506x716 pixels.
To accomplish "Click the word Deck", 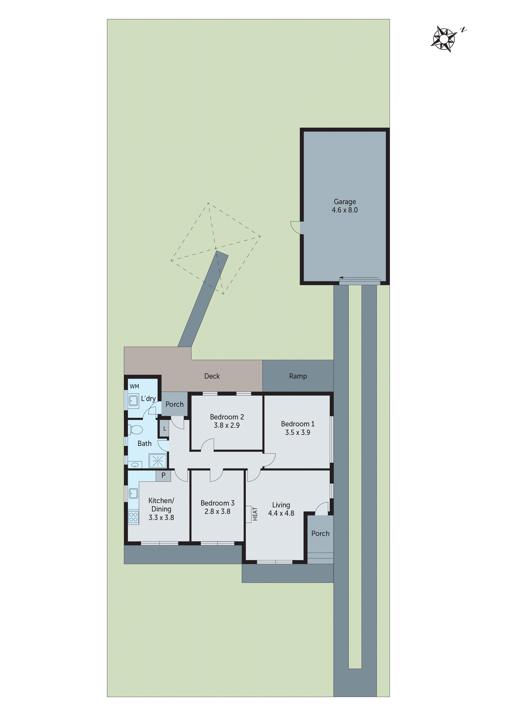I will (212, 376).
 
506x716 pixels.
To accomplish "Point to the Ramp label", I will (298, 376).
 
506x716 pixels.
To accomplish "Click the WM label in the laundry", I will (134, 386).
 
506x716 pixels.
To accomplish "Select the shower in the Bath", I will (158, 461).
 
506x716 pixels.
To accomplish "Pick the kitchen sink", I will (133, 493).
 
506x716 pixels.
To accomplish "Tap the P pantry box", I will (163, 476).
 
